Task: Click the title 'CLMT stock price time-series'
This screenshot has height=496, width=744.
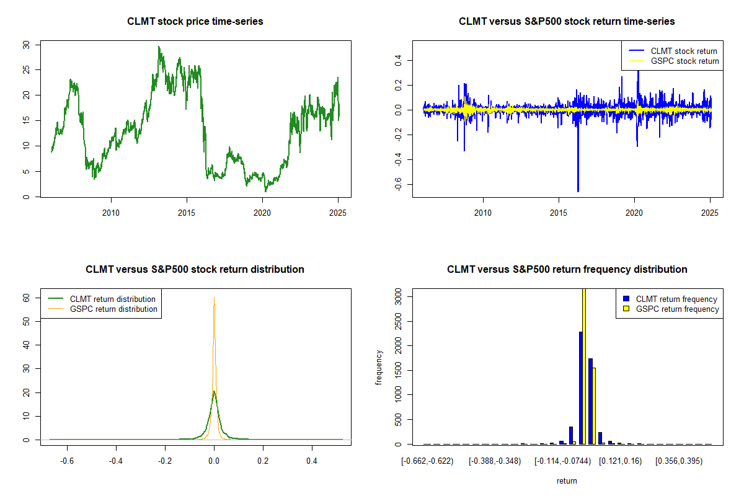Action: (195, 22)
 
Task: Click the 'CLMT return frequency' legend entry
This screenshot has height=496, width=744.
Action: (676, 299)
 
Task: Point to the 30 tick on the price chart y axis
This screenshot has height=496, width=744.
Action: (25, 45)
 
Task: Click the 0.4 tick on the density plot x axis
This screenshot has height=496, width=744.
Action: (312, 462)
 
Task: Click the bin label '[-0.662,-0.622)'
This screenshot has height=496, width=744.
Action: (427, 462)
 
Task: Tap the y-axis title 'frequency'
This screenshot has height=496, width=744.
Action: (379, 367)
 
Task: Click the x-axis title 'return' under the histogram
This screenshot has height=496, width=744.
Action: (567, 480)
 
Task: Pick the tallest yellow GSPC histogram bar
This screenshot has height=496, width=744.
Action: (583, 366)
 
